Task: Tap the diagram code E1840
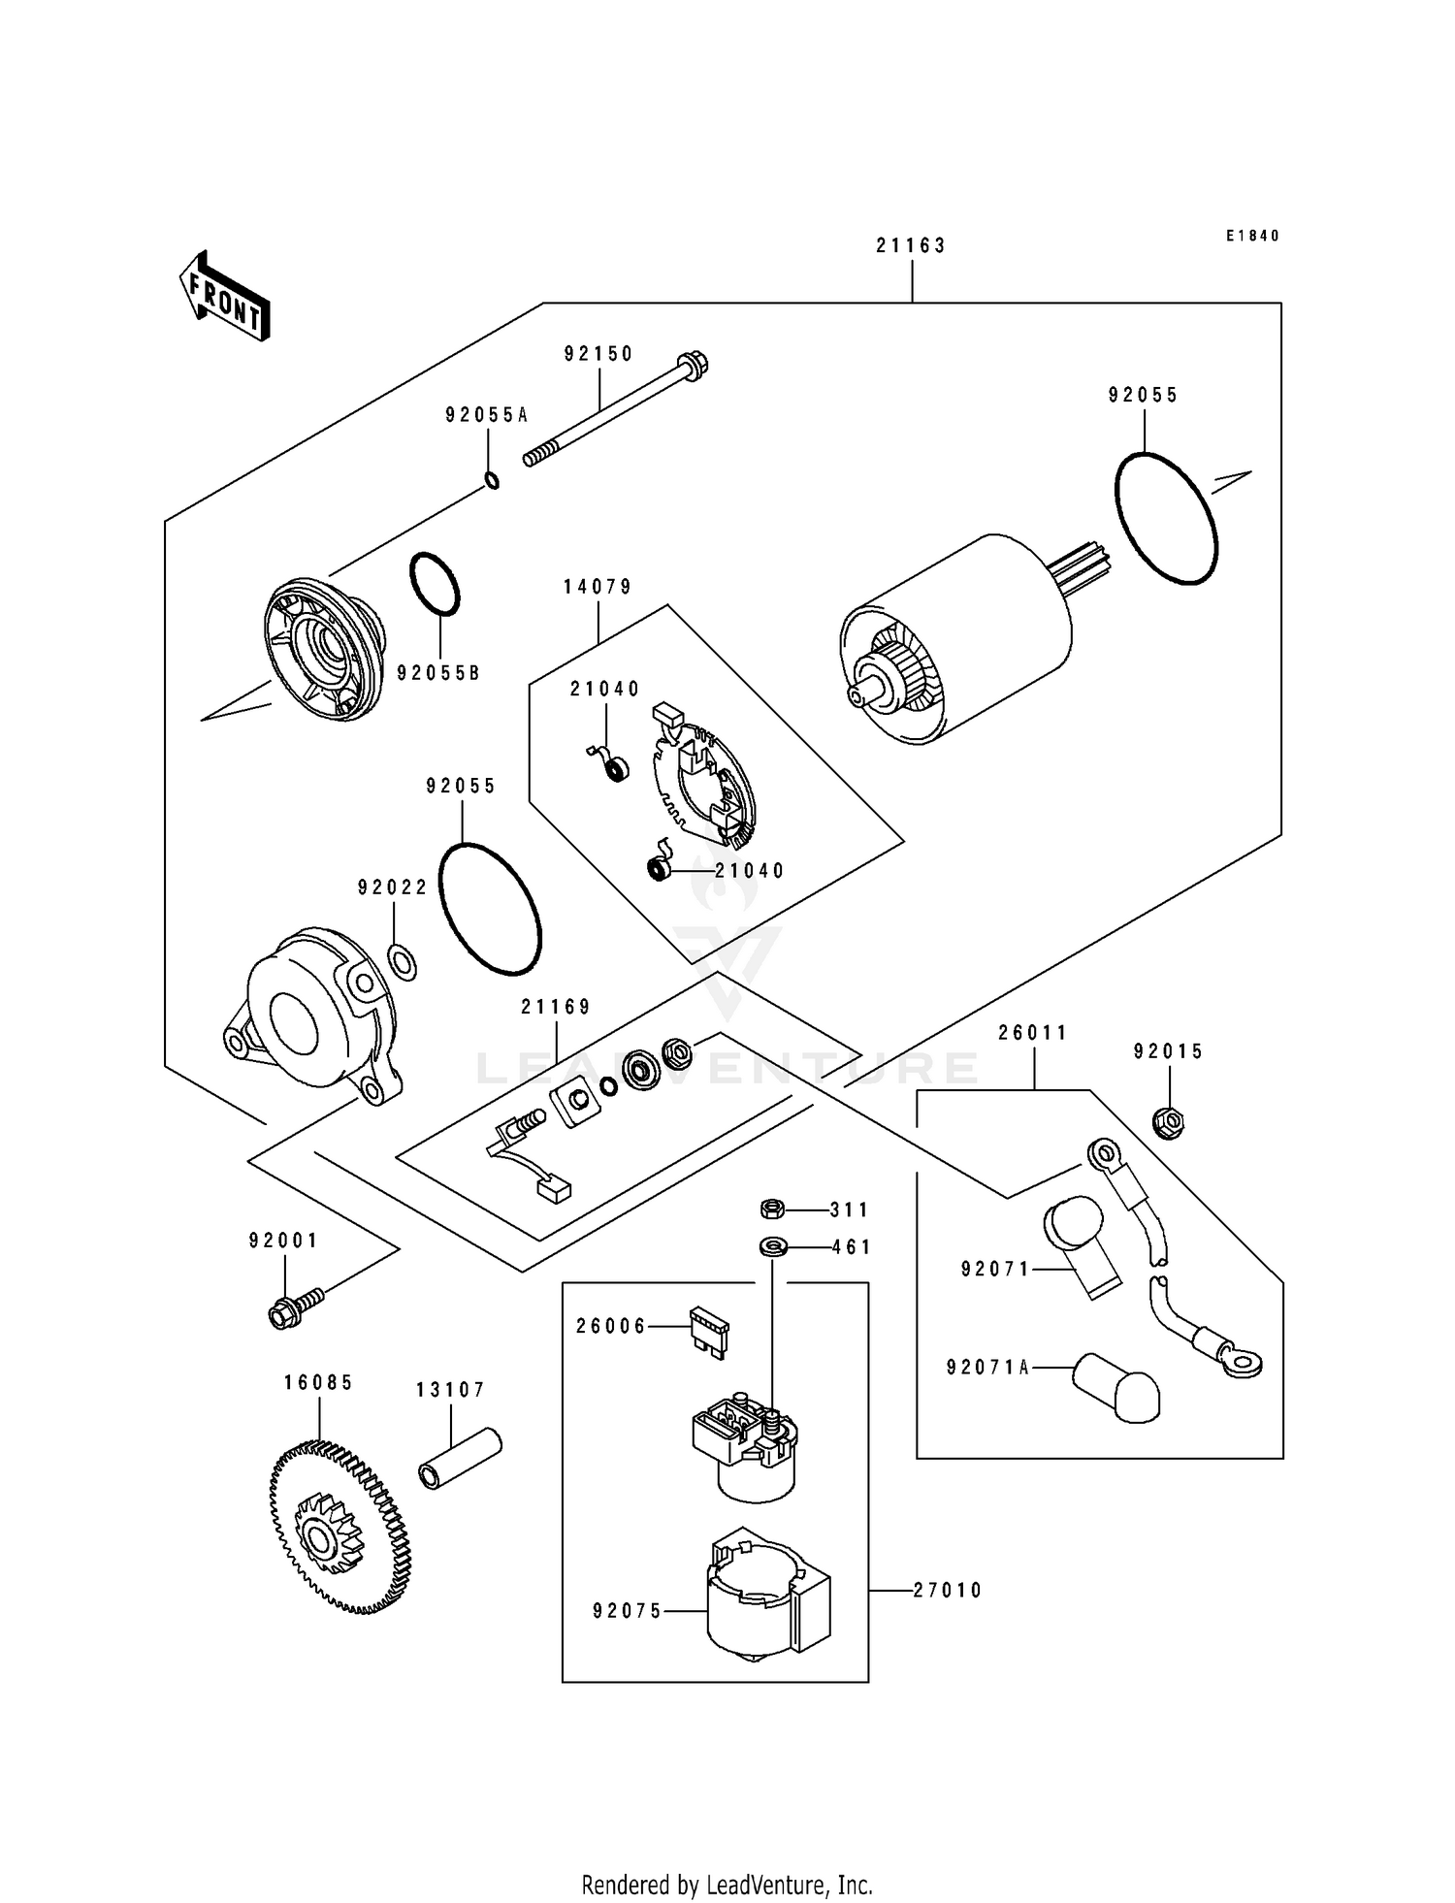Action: coord(1251,236)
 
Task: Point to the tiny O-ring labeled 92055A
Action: coord(492,480)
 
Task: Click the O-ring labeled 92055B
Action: coord(435,585)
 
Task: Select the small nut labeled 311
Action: coord(771,1209)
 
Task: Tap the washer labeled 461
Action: coord(772,1245)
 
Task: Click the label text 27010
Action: coord(947,1590)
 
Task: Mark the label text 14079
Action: coord(598,587)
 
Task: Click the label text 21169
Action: coord(556,1008)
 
